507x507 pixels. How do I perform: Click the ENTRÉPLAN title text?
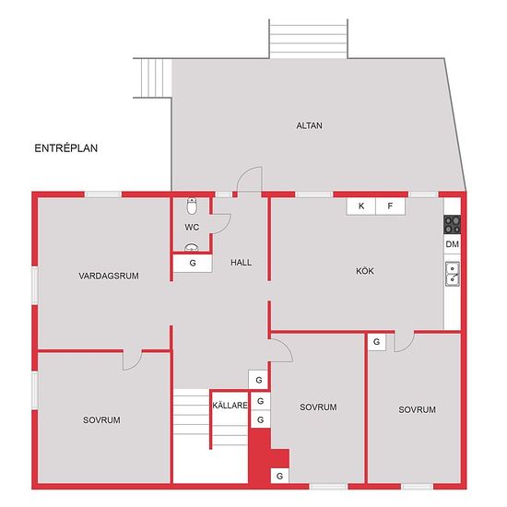tap(66, 148)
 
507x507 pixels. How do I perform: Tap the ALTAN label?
tap(309, 125)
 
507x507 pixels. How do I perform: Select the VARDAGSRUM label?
tap(109, 276)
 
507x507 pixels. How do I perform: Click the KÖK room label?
tap(365, 271)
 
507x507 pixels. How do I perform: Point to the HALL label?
tap(241, 262)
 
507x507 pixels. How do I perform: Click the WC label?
tap(192, 227)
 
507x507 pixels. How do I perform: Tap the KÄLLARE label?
tap(230, 406)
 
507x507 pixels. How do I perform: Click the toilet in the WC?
tap(192, 206)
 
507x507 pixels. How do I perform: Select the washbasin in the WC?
tap(192, 248)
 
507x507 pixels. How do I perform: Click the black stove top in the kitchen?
tap(452, 224)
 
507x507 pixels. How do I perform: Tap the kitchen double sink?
tap(453, 274)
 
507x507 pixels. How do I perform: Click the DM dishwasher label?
tap(452, 244)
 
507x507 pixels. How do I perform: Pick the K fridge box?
tap(361, 206)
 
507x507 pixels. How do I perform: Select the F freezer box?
tap(390, 206)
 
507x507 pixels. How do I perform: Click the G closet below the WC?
tap(193, 264)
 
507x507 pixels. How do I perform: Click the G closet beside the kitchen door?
tap(377, 342)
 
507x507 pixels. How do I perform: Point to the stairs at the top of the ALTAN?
tap(309, 39)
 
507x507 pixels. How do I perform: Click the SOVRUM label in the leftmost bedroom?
tap(101, 420)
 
